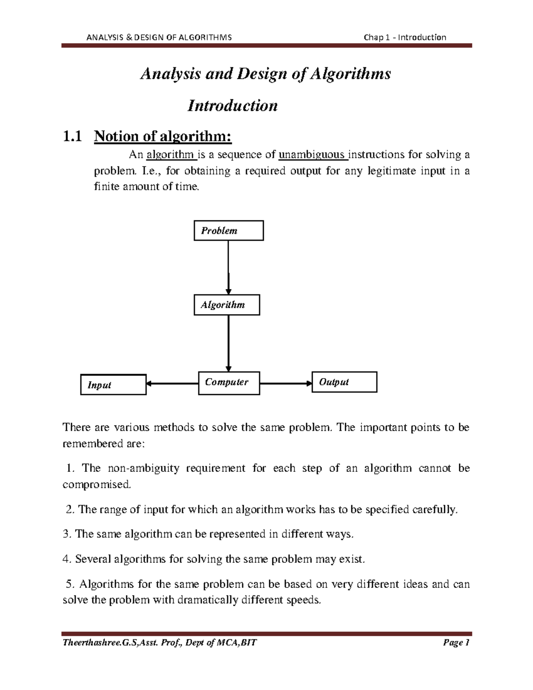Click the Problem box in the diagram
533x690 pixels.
pyautogui.click(x=228, y=231)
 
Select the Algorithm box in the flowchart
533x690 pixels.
pyautogui.click(x=227, y=305)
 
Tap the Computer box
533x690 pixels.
pyautogui.click(x=228, y=383)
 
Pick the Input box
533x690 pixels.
pyautogui.click(x=113, y=385)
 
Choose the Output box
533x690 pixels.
pyautogui.click(x=344, y=382)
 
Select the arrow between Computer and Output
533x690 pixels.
pyautogui.click(x=286, y=383)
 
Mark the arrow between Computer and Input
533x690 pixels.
pyautogui.click(x=172, y=383)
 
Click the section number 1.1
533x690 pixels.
pyautogui.click(x=72, y=136)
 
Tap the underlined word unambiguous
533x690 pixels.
pyautogui.click(x=312, y=155)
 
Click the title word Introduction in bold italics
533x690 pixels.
pyautogui.click(x=232, y=106)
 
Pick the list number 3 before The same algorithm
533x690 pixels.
pyautogui.click(x=67, y=534)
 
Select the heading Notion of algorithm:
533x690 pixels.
pyautogui.click(x=163, y=136)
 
